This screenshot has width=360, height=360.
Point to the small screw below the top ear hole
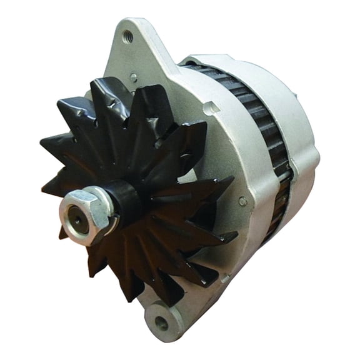pos(133,77)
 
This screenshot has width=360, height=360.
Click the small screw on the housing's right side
pos(242,201)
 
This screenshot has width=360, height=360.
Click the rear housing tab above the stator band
pos(206,59)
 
